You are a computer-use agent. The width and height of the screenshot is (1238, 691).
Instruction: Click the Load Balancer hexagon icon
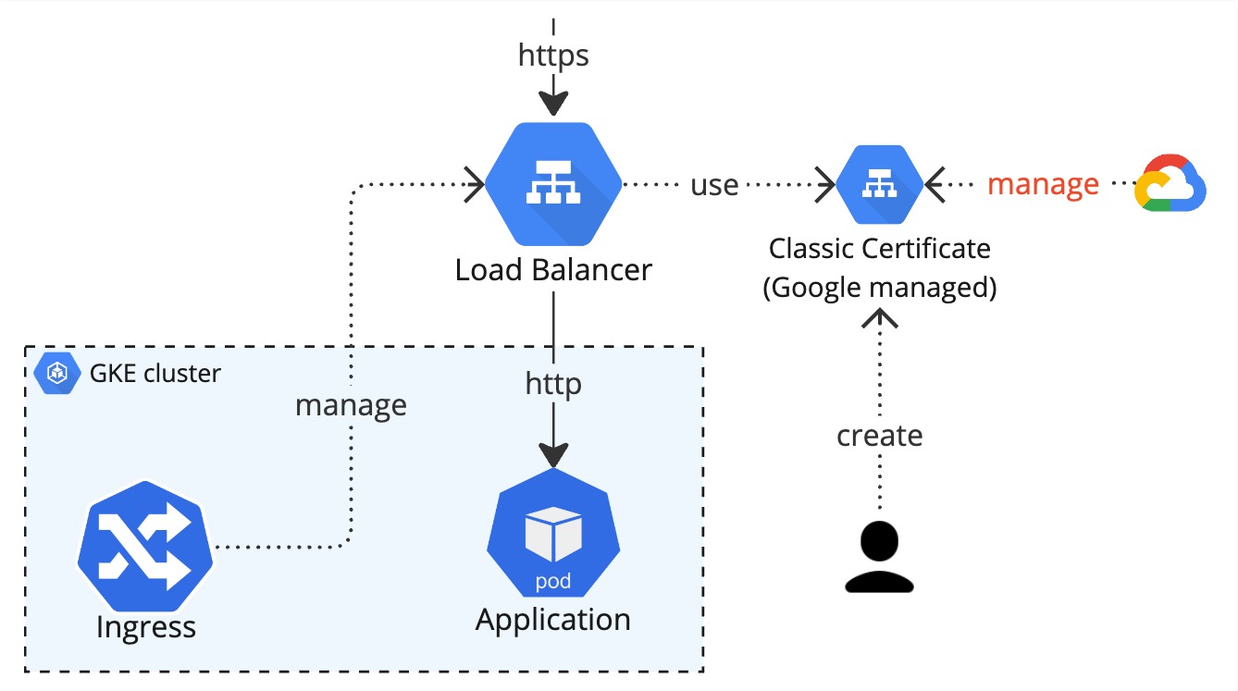click(x=553, y=185)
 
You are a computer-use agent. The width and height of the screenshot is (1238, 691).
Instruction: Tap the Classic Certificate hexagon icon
click(x=879, y=185)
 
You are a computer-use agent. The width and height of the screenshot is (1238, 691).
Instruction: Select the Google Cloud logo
click(x=1170, y=184)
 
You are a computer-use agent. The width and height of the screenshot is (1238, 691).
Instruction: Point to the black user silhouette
click(x=879, y=557)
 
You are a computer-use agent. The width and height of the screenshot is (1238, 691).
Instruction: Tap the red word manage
click(x=1043, y=184)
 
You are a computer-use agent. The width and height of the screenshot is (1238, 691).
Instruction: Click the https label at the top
click(x=553, y=56)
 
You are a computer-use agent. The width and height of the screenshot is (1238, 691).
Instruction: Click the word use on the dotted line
click(x=714, y=185)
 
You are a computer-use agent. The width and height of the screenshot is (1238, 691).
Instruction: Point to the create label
click(x=879, y=435)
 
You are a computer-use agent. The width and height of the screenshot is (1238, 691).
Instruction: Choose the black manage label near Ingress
click(x=351, y=405)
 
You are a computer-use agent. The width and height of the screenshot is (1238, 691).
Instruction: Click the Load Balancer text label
click(x=553, y=270)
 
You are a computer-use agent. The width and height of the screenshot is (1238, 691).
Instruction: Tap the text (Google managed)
click(x=879, y=288)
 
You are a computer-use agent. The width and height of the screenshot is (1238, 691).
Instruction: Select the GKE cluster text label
click(x=155, y=373)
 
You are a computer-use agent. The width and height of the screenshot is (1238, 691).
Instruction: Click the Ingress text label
click(x=146, y=627)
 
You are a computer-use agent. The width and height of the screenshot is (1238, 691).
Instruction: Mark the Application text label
click(x=553, y=620)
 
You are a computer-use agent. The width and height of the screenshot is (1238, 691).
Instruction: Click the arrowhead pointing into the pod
click(x=553, y=455)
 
